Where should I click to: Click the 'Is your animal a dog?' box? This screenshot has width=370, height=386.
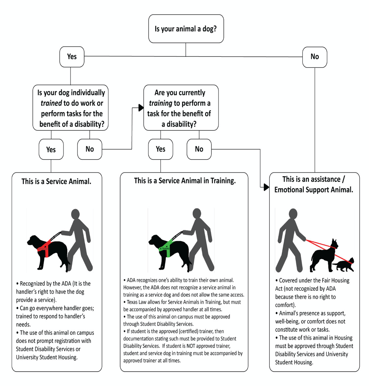coord(186,28)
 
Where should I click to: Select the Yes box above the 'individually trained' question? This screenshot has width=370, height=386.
coord(72,56)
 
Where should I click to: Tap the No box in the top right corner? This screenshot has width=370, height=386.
coord(314,56)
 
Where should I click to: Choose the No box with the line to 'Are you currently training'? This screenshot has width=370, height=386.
coord(90,149)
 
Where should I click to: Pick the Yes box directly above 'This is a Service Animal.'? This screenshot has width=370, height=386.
coord(51,149)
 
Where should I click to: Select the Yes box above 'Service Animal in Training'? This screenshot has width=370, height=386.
coord(160,149)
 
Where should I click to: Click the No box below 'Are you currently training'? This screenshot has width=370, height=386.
coord(199,149)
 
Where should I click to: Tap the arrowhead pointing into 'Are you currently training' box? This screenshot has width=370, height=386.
coord(140,109)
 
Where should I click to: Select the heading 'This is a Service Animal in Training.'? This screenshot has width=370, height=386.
coord(185,181)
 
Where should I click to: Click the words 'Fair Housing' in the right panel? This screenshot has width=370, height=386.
coord(326,281)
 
